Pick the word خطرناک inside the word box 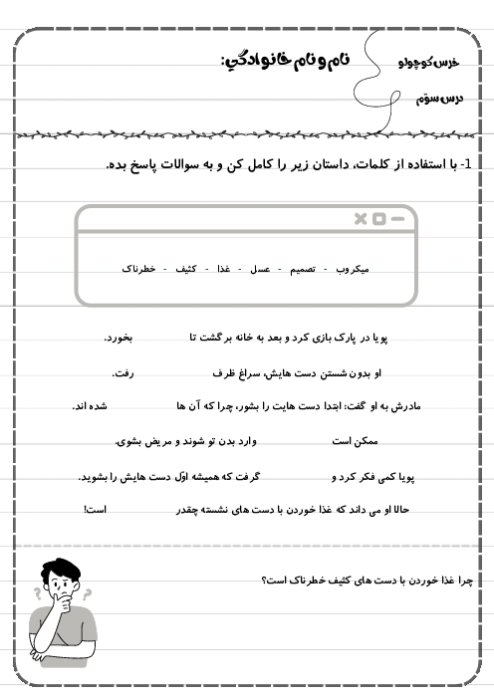tap(139, 270)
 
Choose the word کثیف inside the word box tap(186, 270)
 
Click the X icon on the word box tap(361, 218)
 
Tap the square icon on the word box tap(378, 218)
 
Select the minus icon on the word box tap(397, 218)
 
